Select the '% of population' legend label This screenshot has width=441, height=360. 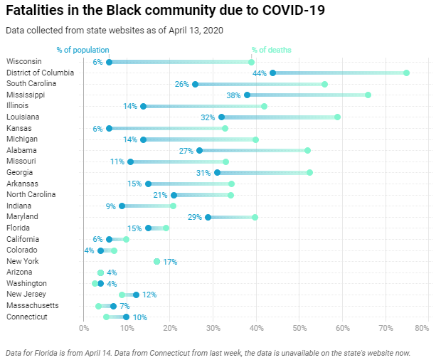click(83, 50)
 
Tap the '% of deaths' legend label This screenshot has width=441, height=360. click(271, 50)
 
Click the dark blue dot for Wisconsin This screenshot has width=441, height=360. click(109, 62)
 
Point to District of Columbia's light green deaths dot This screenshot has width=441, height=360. click(406, 73)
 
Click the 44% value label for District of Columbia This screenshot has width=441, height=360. click(259, 73)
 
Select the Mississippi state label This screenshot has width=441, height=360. click(26, 95)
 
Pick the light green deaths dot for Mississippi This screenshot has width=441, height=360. click(368, 95)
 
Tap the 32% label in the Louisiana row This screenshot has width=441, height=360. click(208, 117)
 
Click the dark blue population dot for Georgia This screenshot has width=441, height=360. click(217, 172)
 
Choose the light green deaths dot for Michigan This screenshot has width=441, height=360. click(255, 139)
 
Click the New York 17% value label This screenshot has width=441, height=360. click(170, 262)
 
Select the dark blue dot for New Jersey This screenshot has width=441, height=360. click(136, 295)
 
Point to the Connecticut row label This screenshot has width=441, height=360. click(27, 317)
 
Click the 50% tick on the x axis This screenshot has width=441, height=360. click(299, 328)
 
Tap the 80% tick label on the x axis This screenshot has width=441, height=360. click(421, 328)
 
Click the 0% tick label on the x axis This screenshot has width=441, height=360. click(83, 328)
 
